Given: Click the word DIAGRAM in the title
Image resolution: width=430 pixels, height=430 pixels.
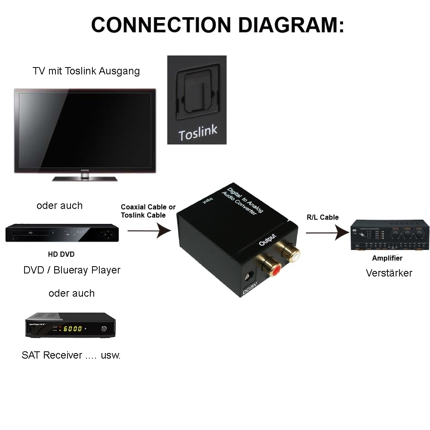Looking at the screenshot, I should point(291,25).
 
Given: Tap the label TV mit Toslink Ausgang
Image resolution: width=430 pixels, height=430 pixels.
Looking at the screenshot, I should point(86,71).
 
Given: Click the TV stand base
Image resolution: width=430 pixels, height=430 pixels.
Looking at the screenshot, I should point(85,178).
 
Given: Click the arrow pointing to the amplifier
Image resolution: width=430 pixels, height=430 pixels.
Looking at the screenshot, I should point(327,233).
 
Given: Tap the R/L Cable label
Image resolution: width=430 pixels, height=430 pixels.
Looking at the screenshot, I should point(322,217).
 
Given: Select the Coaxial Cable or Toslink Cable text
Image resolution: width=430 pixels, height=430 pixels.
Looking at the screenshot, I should point(148,211).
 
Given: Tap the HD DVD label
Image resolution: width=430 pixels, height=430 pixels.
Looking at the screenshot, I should point(61,254).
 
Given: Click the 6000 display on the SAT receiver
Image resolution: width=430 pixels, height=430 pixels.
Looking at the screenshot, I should point(73,329).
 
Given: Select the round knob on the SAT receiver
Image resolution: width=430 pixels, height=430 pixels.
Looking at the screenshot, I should point(104,329).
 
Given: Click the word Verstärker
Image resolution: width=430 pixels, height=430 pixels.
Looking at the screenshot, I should point(389,273).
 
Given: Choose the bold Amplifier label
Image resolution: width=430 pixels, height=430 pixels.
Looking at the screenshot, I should point(387,258).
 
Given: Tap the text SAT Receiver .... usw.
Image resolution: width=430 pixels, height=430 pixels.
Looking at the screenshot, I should point(71,355).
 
